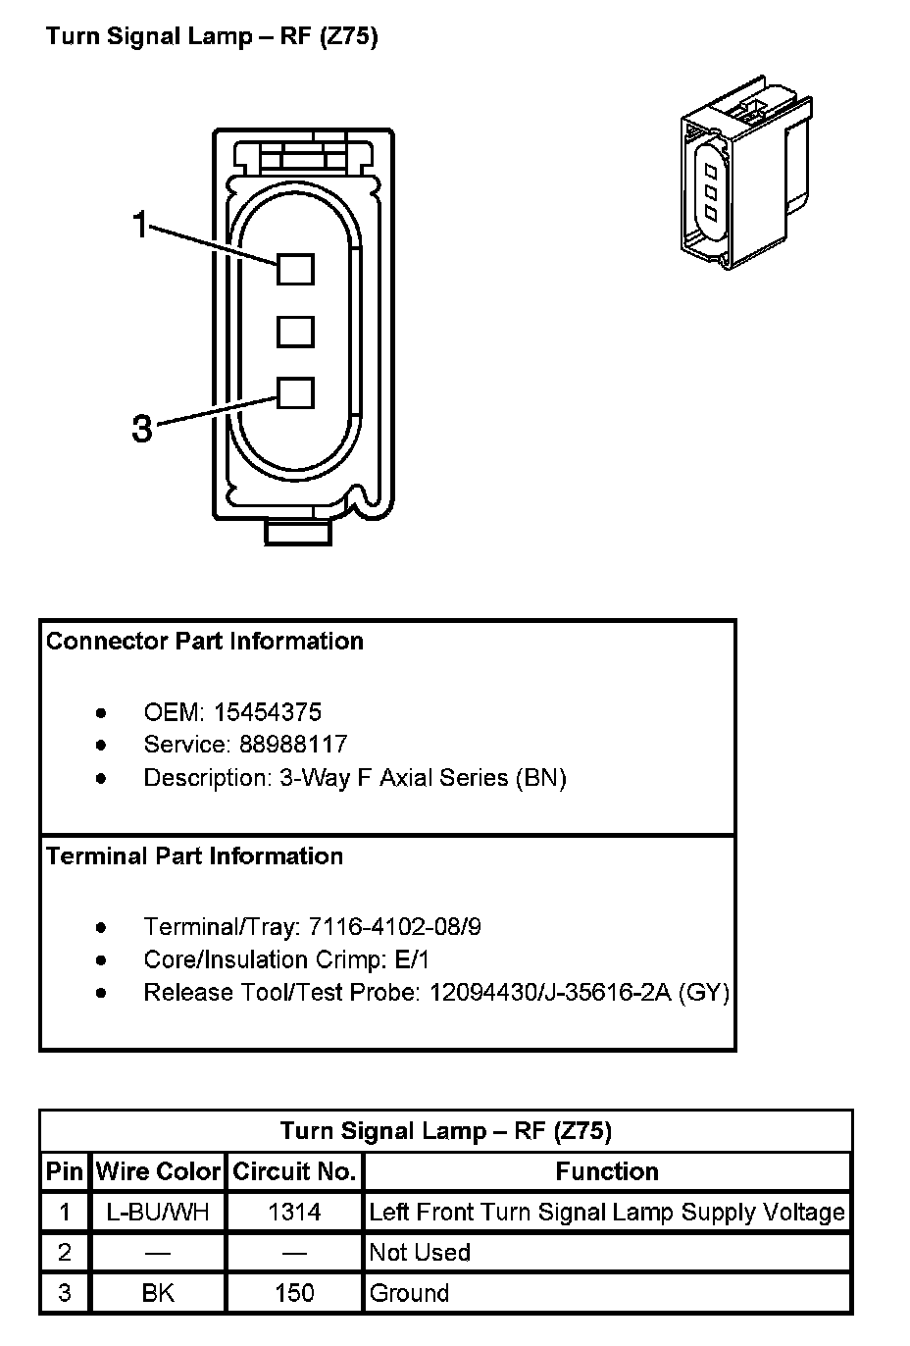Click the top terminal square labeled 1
pos(294,269)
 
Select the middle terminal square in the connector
pos(294,331)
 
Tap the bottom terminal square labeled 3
pos(294,393)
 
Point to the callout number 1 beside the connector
pos(142,227)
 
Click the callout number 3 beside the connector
pos(142,429)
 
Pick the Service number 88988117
pos(292,745)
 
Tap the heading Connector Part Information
pos(205,642)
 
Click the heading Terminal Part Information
pos(195,856)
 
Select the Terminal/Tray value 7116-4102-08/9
pos(394,927)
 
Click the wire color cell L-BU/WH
pos(158,1213)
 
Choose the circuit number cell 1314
pos(294,1213)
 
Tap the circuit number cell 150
pos(294,1293)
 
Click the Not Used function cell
pos(420,1253)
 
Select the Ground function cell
pos(409,1293)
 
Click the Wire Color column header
pos(158,1171)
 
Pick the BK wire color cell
pos(158,1293)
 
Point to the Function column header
pos(607,1171)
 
